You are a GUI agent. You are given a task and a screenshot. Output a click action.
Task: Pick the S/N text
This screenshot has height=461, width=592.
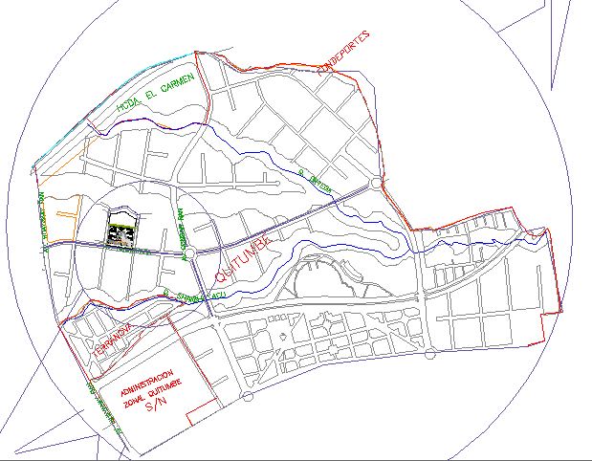pos(155,406)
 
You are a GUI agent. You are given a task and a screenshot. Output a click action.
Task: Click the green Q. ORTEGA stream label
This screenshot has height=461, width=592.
pos(313,181)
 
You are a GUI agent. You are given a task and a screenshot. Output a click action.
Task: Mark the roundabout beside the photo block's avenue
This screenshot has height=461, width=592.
pos(189,252)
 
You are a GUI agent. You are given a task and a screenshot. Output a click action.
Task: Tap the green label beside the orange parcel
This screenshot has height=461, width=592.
pos(44,220)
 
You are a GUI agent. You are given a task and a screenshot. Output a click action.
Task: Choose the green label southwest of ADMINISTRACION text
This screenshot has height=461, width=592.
pos(103,406)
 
